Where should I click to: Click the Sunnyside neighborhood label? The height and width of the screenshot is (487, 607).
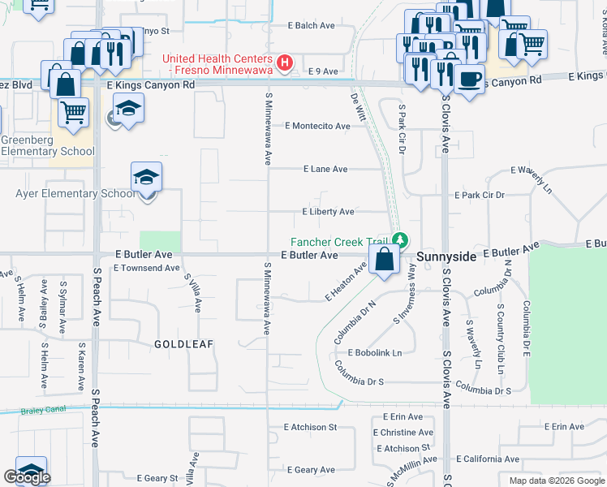[x=447, y=256]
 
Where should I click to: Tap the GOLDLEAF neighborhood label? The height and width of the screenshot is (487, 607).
[x=183, y=344]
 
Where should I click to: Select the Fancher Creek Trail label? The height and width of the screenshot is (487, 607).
[x=341, y=241]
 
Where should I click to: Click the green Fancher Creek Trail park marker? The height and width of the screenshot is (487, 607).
[x=400, y=240]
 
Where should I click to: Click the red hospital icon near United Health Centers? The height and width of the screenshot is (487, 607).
[x=285, y=62]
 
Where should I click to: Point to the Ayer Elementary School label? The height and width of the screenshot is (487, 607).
[x=76, y=193]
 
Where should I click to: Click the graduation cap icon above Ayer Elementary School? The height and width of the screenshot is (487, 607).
[x=146, y=177]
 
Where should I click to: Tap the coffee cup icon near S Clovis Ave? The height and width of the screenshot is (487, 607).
[x=468, y=79]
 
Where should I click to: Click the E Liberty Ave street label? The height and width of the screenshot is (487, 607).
[x=327, y=212]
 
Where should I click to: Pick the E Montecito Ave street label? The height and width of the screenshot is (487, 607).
[x=317, y=126]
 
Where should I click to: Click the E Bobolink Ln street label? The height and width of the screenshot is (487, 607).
[x=375, y=353]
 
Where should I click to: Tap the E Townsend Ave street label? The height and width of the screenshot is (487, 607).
[x=147, y=268]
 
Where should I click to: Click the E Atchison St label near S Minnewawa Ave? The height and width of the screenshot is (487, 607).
[x=310, y=427]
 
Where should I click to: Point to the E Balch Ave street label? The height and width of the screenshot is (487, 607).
[x=312, y=26]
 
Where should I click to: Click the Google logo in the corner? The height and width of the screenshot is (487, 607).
[x=27, y=477]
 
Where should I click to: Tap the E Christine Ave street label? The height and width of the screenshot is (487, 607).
[x=404, y=433]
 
